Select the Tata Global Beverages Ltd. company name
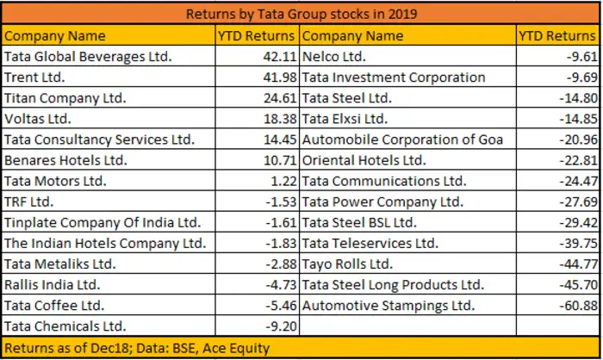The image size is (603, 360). (89, 56)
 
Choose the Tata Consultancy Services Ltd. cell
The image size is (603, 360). (99, 139)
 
